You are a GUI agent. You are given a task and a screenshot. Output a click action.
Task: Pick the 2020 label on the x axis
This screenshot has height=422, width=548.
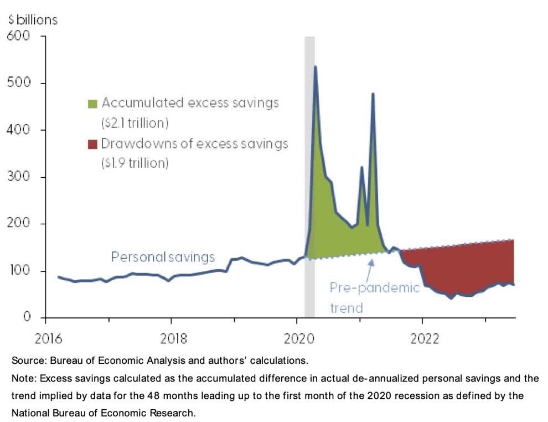pos(297,338)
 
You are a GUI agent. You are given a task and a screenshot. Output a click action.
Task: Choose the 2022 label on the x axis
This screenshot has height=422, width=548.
pos(422,338)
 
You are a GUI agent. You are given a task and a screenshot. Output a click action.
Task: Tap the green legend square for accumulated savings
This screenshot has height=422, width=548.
pos(92,104)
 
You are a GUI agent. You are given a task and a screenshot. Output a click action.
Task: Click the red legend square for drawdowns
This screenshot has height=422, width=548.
pos(92,145)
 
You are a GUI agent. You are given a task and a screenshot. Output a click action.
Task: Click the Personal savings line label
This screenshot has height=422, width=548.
pos(163,257)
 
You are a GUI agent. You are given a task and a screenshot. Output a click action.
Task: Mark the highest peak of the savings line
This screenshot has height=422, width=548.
pos(315,67)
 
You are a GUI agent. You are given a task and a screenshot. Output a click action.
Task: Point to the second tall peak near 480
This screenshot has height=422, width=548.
pos(373,94)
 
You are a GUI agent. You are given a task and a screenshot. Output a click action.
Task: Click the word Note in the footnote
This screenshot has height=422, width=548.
pos(23,379)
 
